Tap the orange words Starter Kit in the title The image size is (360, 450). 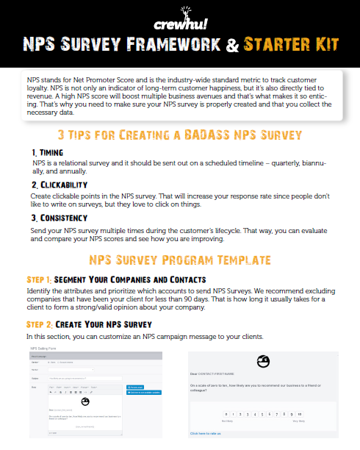[292, 44]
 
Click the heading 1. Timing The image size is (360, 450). [48, 151]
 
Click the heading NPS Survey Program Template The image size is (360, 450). [180, 260]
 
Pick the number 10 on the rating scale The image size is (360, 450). [300, 415]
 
